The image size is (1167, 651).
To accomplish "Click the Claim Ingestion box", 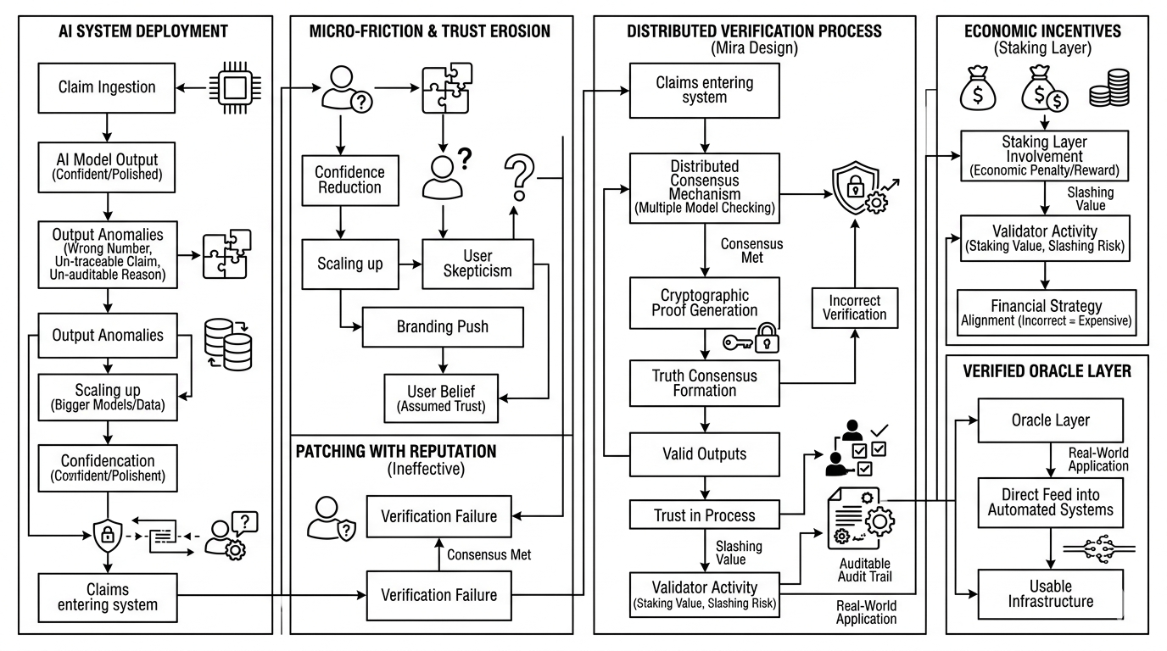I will pos(107,87).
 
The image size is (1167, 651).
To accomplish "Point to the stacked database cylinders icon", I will pos(229,343).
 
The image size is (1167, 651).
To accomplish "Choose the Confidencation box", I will pos(107,468).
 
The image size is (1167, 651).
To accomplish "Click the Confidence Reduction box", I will pos(349,180).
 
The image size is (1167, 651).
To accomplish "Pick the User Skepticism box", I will pos(477,263).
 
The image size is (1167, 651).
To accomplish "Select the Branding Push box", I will pos(443,326).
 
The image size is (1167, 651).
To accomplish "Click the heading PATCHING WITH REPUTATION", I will pos(396,451).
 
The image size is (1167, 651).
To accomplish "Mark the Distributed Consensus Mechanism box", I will pos(704,188).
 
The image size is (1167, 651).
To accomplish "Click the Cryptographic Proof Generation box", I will pos(704,303).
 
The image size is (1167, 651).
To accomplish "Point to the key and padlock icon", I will pos(751,340).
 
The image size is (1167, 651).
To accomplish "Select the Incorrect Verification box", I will pos(854,307).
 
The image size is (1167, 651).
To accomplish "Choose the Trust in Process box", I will pos(704,515).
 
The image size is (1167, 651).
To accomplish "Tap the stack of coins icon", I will pos(1108,88).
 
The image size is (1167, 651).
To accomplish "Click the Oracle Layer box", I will pos(1051,420).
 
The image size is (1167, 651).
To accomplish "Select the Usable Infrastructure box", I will pos(1051,593).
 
